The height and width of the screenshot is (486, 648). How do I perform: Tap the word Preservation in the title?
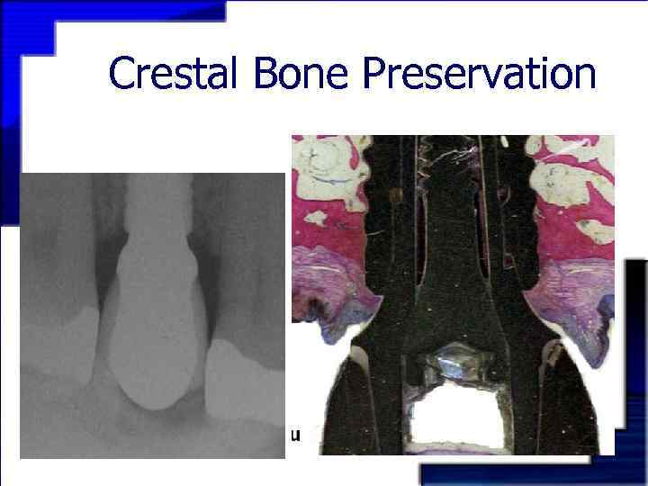pyautogui.click(x=479, y=75)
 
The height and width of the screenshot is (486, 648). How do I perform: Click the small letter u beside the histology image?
pyautogui.click(x=294, y=436)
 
